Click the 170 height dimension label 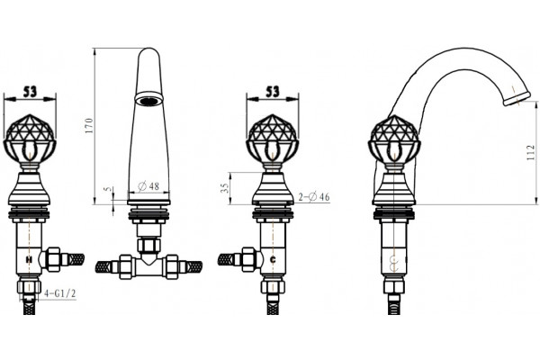(x=89, y=126)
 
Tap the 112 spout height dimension (x=531, y=153)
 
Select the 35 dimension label (x=224, y=187)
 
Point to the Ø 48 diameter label (x=148, y=186)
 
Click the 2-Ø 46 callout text (x=314, y=197)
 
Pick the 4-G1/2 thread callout (x=60, y=293)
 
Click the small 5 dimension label (x=109, y=189)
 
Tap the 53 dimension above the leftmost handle (x=30, y=92)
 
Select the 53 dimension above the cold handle (x=273, y=92)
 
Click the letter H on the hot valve (x=30, y=259)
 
